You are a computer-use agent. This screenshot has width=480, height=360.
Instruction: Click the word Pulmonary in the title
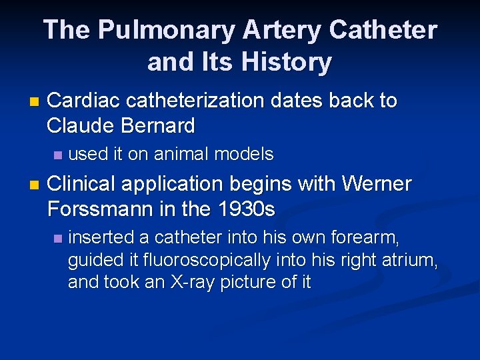[165, 31]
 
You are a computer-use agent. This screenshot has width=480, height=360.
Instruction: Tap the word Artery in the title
[283, 31]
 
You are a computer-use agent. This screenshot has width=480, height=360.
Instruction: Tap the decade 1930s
[247, 209]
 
